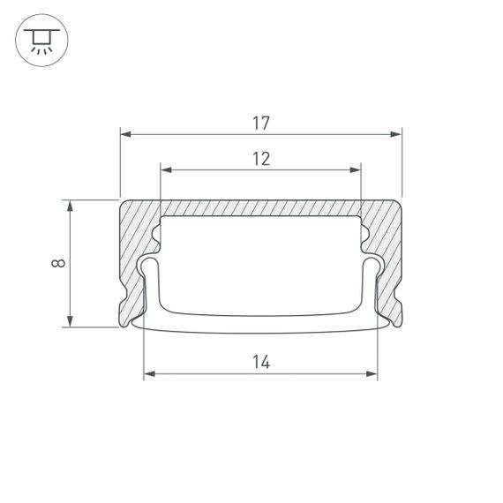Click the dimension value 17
pos(260,124)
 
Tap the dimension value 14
pos(260,362)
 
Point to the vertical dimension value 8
pos(57,263)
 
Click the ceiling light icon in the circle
pos(39,40)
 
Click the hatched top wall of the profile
pos(260,207)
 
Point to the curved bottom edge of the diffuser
pos(260,330)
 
